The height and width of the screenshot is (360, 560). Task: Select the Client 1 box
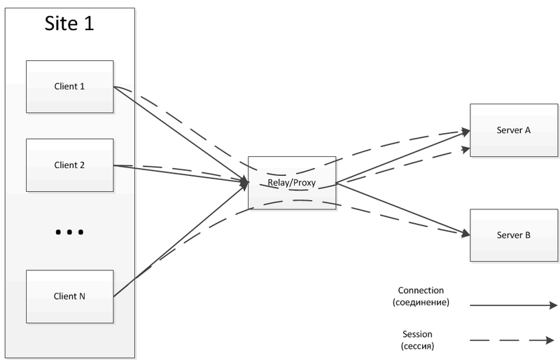69,87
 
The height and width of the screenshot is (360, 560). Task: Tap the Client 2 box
69,165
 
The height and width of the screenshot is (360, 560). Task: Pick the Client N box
69,296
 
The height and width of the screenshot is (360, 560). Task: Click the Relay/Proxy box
292,183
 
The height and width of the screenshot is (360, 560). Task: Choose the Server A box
513,130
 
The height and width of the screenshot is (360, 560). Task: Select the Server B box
513,235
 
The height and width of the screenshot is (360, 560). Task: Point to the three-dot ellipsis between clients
69,232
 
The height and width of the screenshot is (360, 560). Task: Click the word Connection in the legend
421,290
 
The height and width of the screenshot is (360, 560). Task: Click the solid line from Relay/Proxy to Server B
402,208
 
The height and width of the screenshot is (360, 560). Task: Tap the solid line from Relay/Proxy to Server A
402,157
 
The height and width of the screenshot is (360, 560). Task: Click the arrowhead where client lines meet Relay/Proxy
244,183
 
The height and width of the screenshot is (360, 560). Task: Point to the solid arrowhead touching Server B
464,233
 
